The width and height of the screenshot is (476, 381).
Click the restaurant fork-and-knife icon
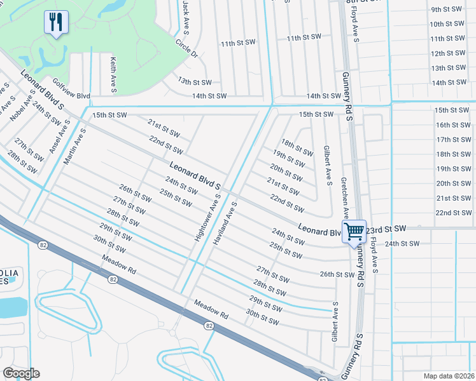point(56,23)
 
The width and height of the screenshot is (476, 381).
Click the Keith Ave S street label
point(113,75)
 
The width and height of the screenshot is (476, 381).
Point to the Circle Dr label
point(186,49)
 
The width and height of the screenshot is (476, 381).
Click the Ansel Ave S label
point(59,130)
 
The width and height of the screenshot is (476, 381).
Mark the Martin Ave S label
point(75,146)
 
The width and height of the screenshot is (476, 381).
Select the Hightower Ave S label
point(207,217)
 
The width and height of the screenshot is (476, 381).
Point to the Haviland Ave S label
point(226,225)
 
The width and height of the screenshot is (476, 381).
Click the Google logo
point(21,373)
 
